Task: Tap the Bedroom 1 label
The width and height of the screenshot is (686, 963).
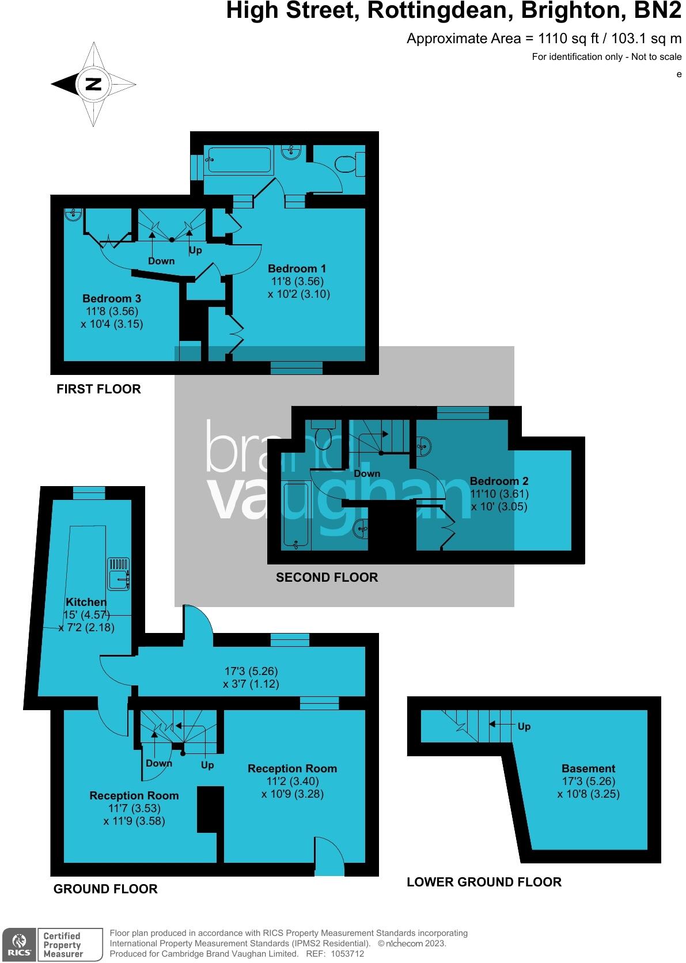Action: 297,268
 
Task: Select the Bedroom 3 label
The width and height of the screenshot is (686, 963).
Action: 111,298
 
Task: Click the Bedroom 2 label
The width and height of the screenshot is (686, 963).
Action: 499,481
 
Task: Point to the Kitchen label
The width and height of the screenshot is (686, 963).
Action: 86,602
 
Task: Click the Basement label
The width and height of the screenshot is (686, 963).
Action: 588,768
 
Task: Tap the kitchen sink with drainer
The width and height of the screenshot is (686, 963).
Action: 118,574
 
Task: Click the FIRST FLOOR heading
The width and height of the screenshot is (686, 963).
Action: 98,389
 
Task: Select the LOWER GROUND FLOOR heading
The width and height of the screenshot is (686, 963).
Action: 484,882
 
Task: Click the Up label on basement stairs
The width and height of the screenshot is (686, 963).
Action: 524,727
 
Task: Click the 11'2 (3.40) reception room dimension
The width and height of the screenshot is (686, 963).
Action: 292,781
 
